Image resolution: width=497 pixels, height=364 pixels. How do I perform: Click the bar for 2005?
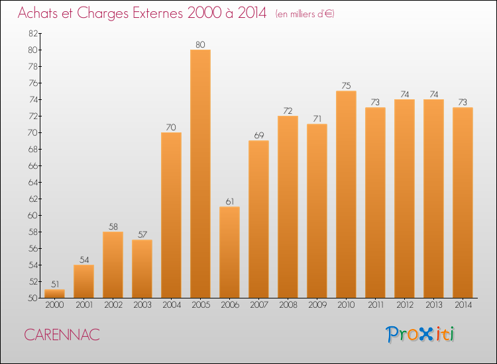(x=200, y=173)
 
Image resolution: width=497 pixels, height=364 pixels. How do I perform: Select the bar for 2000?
(x=54, y=293)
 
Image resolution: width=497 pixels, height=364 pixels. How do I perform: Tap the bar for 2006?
(x=229, y=252)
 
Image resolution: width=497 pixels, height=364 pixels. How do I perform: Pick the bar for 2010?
(x=346, y=194)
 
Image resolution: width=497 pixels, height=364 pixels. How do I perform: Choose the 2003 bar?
(x=142, y=269)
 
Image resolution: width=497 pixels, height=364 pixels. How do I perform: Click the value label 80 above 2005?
(x=200, y=44)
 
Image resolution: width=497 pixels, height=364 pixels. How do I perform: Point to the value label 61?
(x=229, y=201)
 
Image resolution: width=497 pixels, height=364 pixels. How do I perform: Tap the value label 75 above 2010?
(x=346, y=85)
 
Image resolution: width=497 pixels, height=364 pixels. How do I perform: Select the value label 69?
(x=258, y=135)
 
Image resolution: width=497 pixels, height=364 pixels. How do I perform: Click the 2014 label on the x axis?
(x=463, y=305)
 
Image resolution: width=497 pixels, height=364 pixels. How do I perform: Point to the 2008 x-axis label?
(x=288, y=305)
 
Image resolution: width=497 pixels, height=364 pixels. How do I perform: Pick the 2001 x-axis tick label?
(x=83, y=305)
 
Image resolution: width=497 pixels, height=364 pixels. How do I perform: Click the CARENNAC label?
(x=62, y=335)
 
